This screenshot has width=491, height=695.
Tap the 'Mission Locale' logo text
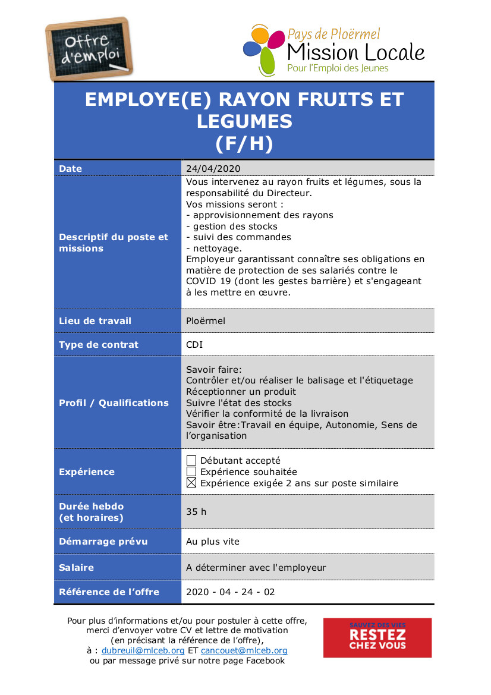[x=355, y=52]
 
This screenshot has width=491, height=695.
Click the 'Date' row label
[x=71, y=169]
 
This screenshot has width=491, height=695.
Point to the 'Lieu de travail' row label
[x=95, y=321]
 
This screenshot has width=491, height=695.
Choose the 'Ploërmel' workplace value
[x=206, y=321]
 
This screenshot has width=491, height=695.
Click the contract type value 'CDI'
[x=194, y=345]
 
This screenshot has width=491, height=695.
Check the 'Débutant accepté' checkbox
[x=191, y=460]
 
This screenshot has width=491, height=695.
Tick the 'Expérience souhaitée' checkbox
[x=191, y=472]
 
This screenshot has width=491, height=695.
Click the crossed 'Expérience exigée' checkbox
[x=191, y=483]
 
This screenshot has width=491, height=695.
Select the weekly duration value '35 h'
[x=196, y=511]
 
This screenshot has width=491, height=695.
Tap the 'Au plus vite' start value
[x=213, y=542]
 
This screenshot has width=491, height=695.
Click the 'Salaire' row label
[x=77, y=568]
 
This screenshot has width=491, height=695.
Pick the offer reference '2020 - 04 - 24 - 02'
[x=231, y=592]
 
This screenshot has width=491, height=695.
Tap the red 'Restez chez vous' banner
[x=377, y=637]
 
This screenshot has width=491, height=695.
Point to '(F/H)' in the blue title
[x=244, y=144]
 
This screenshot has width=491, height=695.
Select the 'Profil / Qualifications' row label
[x=114, y=403]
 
